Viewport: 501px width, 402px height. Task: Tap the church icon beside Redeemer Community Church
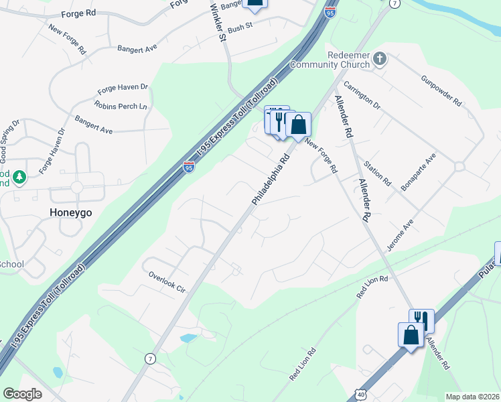point(380,59)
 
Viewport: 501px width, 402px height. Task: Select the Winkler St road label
point(219,21)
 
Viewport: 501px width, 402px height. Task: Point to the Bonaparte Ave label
point(419,172)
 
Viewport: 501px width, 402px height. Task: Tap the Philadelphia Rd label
point(271,180)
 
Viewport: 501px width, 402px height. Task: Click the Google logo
point(22,394)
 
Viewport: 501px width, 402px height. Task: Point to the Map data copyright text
point(473,397)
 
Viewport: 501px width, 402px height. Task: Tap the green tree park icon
point(19,178)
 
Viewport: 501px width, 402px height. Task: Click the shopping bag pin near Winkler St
point(255,3)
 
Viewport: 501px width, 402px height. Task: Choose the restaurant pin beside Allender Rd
point(421,320)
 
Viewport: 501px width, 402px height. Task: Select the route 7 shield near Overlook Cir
point(149,358)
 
